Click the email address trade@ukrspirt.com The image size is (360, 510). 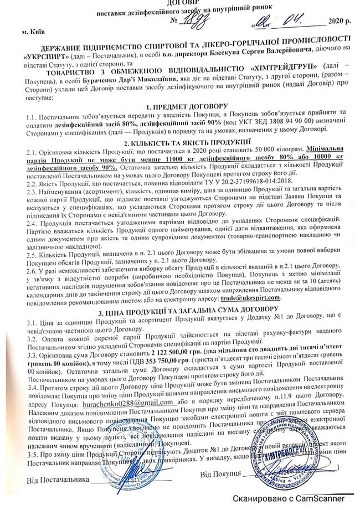[x=250, y=298]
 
